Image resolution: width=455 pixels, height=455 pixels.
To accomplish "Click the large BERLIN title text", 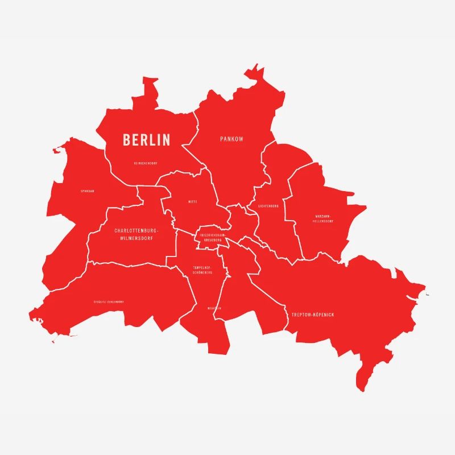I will click(147, 139).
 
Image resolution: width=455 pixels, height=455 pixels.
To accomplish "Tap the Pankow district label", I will click(231, 139).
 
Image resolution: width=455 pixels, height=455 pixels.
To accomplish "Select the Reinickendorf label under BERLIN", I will click(146, 163).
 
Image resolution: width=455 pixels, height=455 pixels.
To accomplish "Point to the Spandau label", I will click(88, 191).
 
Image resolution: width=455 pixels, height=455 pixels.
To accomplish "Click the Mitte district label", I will click(193, 202).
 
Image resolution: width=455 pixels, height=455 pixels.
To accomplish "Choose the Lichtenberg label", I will click(268, 206).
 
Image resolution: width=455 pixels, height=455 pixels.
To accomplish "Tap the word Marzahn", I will click(322, 216).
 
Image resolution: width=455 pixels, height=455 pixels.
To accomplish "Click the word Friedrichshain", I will click(213, 235).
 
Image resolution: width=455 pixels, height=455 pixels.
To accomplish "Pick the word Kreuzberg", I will click(213, 240).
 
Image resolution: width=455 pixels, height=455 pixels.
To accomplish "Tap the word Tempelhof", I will click(202, 267).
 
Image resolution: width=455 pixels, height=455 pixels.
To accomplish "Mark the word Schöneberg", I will click(202, 272).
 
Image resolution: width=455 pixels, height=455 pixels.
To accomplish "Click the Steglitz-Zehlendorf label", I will click(109, 301).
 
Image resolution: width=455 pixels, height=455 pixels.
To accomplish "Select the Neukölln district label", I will click(214, 308).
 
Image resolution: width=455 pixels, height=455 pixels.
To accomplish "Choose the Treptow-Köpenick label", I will click(313, 315).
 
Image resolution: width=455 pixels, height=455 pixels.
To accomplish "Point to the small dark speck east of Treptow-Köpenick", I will click(428, 295).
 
